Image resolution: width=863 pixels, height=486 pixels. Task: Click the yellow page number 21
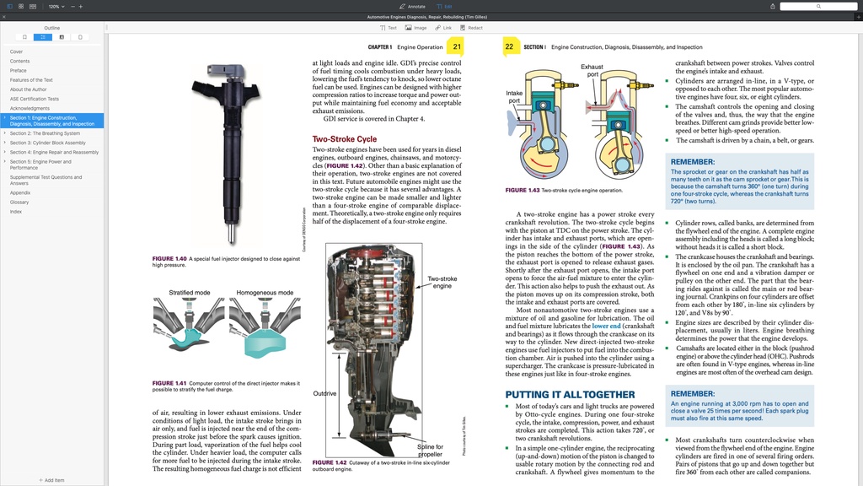point(456,47)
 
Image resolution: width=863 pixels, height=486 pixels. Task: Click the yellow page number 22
point(509,47)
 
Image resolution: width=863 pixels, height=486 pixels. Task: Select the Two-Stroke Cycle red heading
point(344,139)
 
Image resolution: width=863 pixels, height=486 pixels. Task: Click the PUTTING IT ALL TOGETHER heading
point(570,395)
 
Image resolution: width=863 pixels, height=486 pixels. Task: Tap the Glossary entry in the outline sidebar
point(19,202)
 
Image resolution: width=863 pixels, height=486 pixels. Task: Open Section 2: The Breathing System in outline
point(45,133)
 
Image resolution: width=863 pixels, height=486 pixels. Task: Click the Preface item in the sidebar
point(19,71)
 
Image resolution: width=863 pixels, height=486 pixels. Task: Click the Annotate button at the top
point(412,6)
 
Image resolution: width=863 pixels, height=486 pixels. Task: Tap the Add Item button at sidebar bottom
point(51,480)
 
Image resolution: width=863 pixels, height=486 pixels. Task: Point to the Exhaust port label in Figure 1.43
point(592,70)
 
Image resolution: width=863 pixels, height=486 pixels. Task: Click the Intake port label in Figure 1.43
point(514,97)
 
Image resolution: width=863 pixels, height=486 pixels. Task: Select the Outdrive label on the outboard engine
point(324,393)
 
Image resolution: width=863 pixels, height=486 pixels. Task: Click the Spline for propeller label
point(430,451)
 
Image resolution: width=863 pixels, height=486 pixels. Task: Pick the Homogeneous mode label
point(265,293)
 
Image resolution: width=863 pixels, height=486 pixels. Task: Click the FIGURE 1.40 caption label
point(169,258)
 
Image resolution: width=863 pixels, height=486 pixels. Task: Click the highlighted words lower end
point(606,326)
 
